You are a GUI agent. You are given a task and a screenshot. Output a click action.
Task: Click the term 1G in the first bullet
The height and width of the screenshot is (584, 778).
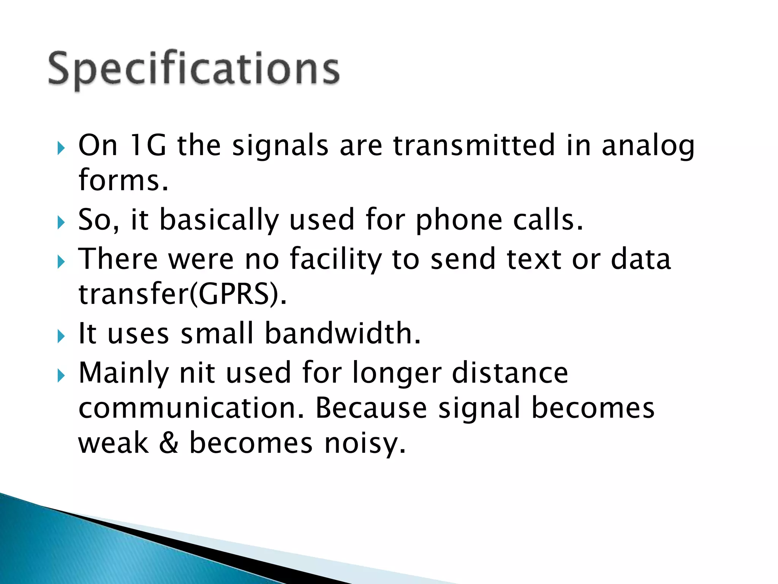148,145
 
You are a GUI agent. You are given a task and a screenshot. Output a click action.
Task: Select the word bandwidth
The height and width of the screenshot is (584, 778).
342,333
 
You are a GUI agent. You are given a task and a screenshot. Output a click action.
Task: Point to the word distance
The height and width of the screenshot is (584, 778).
510,373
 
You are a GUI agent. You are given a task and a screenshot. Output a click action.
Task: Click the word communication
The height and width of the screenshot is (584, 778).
191,408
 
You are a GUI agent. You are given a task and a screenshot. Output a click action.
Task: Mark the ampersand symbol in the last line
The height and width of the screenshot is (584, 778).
169,443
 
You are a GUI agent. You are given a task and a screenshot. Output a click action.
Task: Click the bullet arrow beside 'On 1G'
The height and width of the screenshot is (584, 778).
61,148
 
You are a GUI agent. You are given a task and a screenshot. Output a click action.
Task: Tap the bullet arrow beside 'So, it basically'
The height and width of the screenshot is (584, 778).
61,222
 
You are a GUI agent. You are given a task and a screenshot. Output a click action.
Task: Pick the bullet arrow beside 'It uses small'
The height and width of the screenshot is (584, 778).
61,336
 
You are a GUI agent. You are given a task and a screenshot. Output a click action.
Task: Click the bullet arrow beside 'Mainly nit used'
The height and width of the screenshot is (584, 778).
61,376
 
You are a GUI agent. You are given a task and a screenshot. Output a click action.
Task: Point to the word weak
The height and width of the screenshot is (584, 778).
113,443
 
